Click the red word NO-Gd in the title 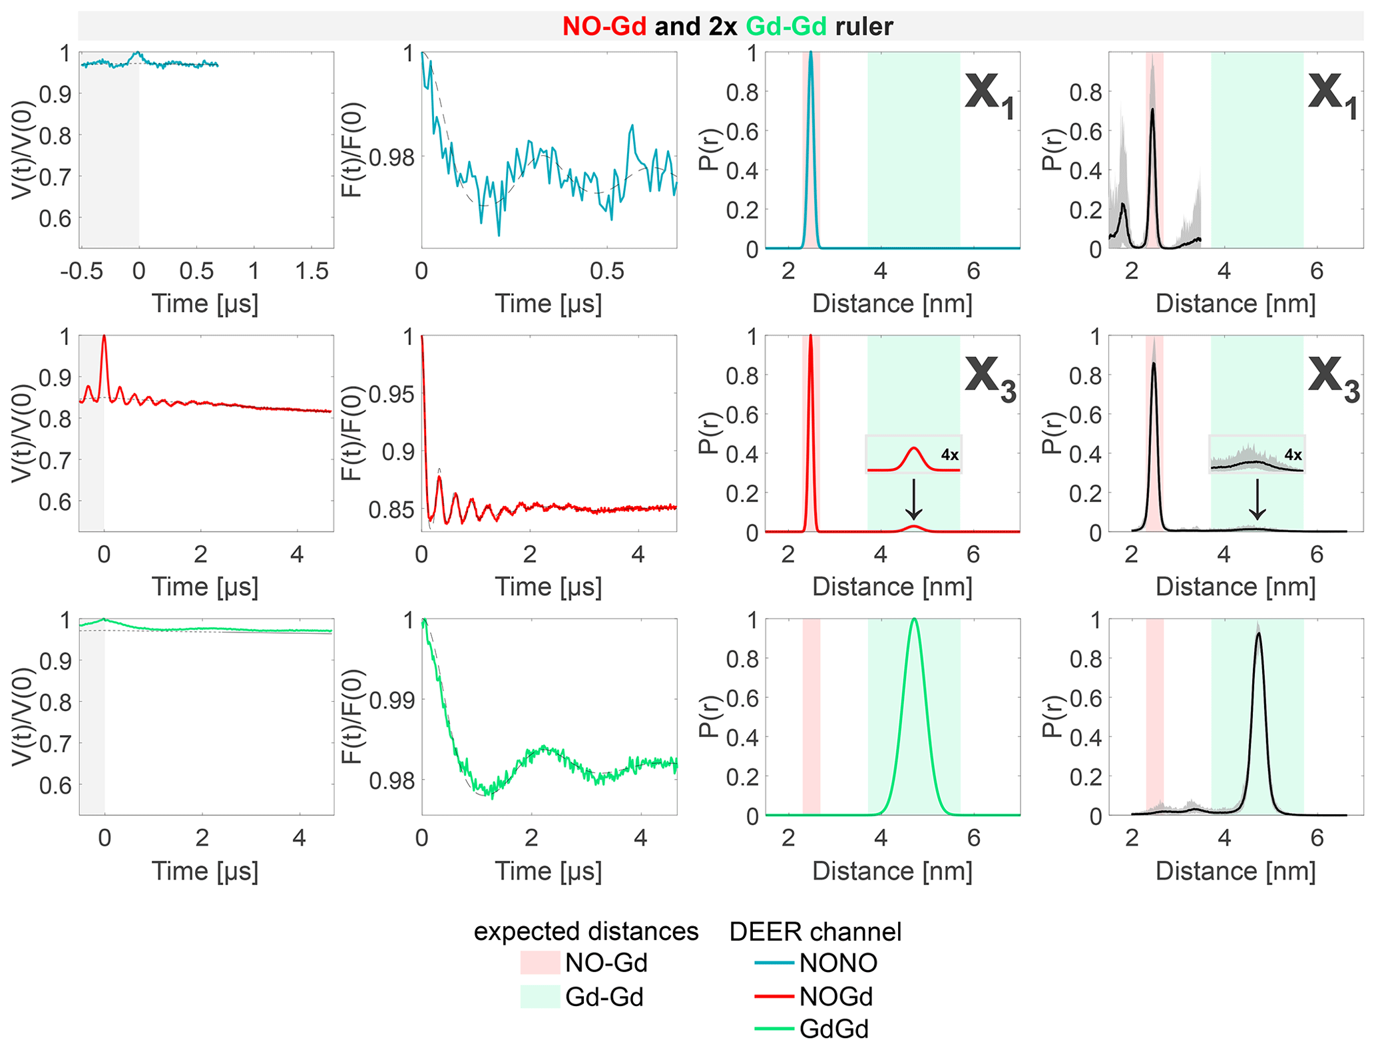(x=604, y=26)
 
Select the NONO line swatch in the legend (x=774, y=963)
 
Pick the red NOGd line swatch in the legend (x=774, y=996)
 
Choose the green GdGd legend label (x=834, y=1029)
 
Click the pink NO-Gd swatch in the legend (x=540, y=963)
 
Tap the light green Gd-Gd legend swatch (x=540, y=997)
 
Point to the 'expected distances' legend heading (x=586, y=931)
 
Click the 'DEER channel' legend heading (x=815, y=931)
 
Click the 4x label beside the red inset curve (x=949, y=455)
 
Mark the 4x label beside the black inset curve (x=1293, y=455)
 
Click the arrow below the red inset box (x=914, y=499)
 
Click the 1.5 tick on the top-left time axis (x=312, y=271)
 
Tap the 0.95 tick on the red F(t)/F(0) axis (x=389, y=394)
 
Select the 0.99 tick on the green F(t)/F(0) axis (x=389, y=700)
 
